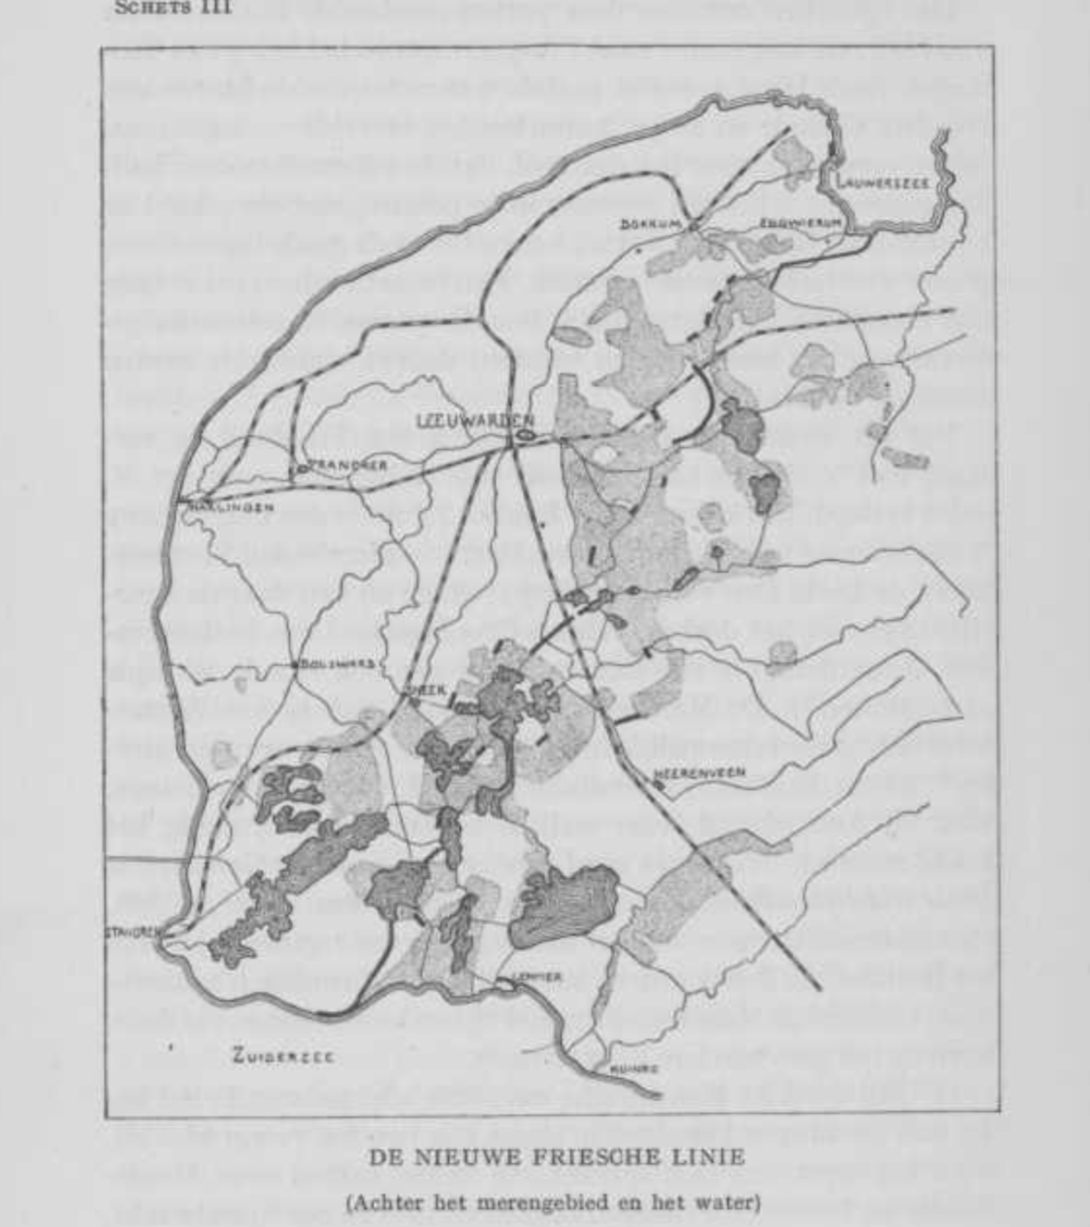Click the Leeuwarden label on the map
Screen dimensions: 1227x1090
point(476,420)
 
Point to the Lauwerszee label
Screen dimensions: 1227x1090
point(882,181)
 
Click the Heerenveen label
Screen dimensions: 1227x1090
point(700,773)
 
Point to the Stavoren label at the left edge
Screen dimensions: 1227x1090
point(132,933)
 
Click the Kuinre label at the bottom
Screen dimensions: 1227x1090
point(634,1069)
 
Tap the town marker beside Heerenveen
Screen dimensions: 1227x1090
point(659,784)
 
